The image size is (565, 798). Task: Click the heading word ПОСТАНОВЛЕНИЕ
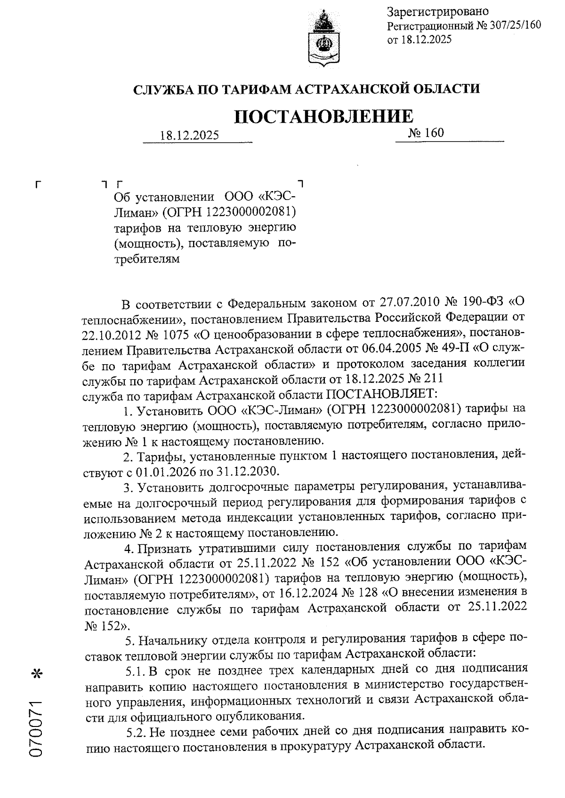tap(323, 116)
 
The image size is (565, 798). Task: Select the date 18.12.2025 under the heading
tap(189, 136)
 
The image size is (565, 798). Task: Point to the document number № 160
tap(426, 133)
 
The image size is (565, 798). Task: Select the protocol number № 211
tap(425, 379)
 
